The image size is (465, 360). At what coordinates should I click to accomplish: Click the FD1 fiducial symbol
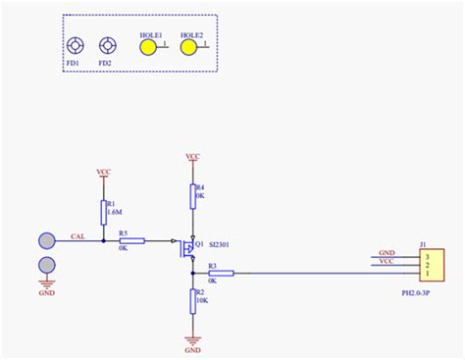(75, 46)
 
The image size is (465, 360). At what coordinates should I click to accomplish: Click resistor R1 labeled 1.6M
(103, 211)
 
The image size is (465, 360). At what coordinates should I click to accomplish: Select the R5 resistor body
(130, 240)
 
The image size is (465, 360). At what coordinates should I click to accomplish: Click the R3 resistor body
(221, 273)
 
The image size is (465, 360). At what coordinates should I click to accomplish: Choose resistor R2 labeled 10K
(193, 301)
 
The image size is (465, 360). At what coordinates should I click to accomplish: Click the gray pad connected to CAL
(47, 240)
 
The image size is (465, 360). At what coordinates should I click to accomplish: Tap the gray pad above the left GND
(47, 265)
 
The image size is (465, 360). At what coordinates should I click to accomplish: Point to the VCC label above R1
(103, 172)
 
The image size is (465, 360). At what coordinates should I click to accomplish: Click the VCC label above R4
(193, 157)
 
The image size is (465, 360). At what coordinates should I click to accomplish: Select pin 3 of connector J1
(427, 255)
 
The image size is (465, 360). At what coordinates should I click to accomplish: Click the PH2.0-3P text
(417, 292)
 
